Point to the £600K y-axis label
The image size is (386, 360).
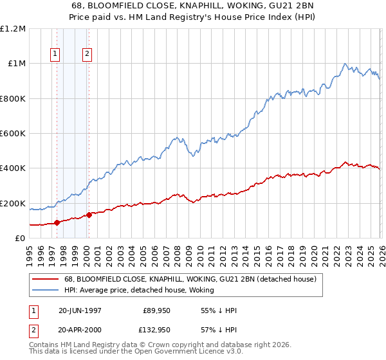[13, 134]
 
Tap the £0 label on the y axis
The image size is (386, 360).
[19, 239]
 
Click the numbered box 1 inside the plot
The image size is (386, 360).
[55, 55]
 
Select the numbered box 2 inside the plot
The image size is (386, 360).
[86, 55]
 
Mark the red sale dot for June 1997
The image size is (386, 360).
[57, 223]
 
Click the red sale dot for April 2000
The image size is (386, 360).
[89, 215]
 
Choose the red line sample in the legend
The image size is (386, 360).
[46, 280]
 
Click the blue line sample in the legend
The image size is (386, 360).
[46, 290]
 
